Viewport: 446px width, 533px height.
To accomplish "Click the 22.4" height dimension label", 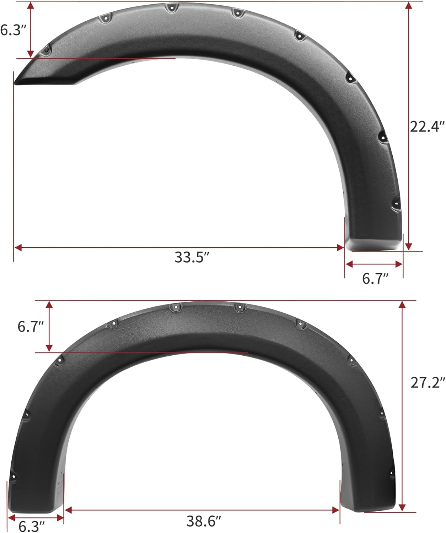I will (427, 126).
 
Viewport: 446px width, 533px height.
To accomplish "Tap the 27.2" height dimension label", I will (428, 383).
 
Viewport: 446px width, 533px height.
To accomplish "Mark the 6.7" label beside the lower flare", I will (31, 326).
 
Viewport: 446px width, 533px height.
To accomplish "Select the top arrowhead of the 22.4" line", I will (409, 6).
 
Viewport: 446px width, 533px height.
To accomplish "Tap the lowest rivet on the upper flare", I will (396, 204).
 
